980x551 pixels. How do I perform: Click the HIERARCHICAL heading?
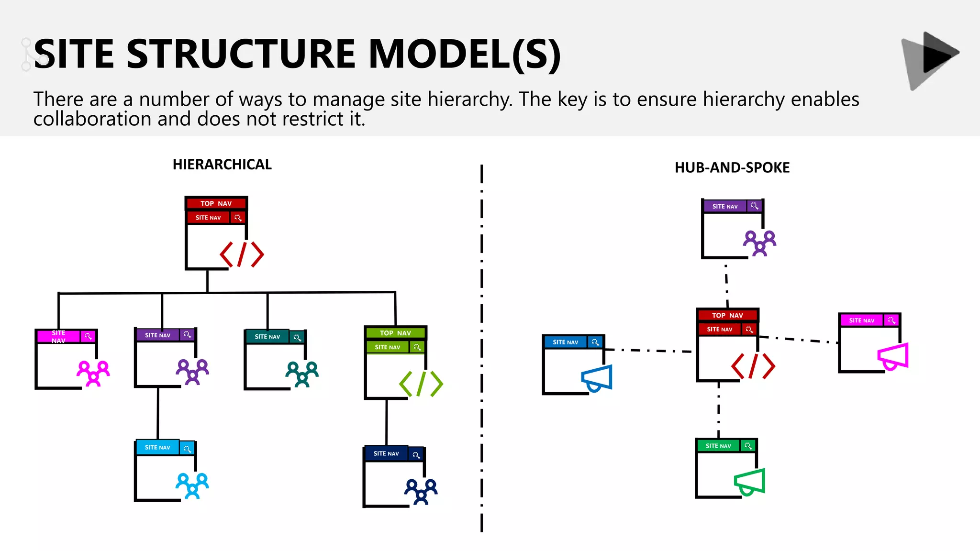pyautogui.click(x=222, y=165)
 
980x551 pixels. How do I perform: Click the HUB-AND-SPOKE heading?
pyautogui.click(x=732, y=168)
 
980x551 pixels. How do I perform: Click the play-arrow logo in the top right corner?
pyautogui.click(x=930, y=60)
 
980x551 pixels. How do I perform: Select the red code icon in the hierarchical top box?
pyautogui.click(x=242, y=254)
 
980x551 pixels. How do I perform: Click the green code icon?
pyautogui.click(x=421, y=384)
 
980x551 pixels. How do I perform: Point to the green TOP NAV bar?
pyautogui.click(x=395, y=333)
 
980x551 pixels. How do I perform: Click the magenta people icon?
pyautogui.click(x=93, y=373)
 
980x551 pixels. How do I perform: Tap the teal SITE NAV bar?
pyautogui.click(x=267, y=337)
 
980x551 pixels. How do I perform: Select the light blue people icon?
pyautogui.click(x=192, y=485)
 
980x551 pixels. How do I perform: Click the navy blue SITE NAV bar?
pyautogui.click(x=386, y=453)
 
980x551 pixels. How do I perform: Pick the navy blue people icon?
pyautogui.click(x=421, y=492)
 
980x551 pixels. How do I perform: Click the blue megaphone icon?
pyautogui.click(x=597, y=378)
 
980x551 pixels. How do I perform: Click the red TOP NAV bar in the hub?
pyautogui.click(x=727, y=315)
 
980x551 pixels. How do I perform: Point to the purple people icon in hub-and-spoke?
pyautogui.click(x=759, y=243)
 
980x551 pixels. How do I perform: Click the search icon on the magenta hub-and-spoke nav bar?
pyautogui.click(x=891, y=320)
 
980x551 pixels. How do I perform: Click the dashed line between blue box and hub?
pyautogui.click(x=648, y=351)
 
